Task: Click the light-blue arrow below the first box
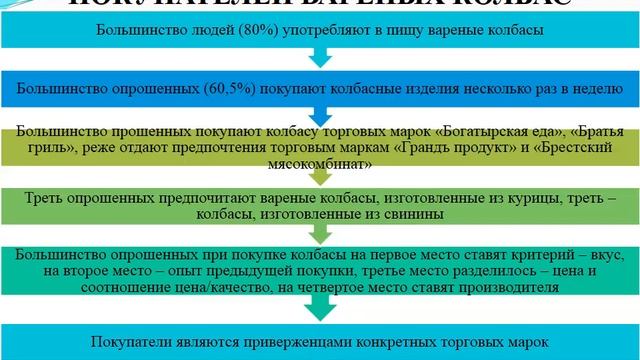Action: click(x=319, y=58)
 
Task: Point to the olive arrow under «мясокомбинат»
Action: click(x=319, y=177)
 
